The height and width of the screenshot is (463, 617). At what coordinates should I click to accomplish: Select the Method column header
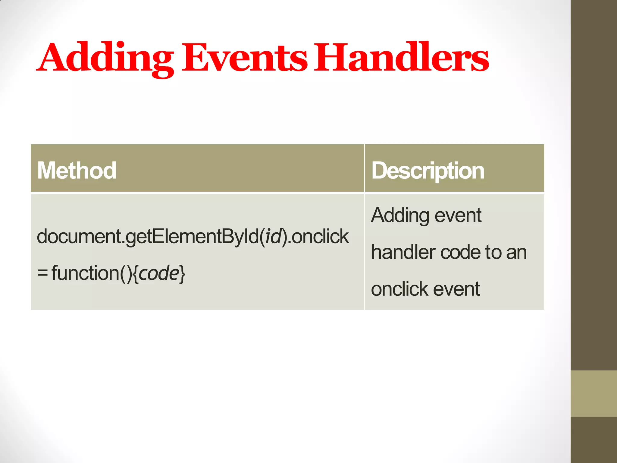77,171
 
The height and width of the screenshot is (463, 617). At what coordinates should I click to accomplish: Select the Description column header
428,171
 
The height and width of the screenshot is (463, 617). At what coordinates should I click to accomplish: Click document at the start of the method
79,236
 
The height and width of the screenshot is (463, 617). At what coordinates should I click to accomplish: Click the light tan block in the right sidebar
594,393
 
